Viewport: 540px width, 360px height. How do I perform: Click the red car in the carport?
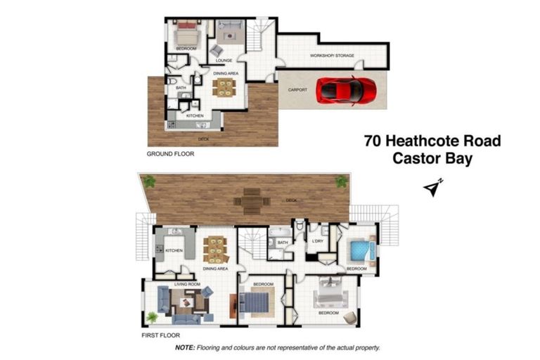tap(346, 89)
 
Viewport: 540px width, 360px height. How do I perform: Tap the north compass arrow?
tap(434, 188)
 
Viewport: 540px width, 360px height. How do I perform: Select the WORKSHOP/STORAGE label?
tap(332, 56)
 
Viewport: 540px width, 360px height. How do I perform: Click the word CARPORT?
tap(298, 90)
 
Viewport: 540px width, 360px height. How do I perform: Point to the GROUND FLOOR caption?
tap(169, 153)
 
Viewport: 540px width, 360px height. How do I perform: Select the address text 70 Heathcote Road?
tap(432, 141)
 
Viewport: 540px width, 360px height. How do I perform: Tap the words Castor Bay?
tap(432, 159)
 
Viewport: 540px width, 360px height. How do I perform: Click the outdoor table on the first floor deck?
tap(251, 200)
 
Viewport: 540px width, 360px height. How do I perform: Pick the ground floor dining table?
tap(224, 86)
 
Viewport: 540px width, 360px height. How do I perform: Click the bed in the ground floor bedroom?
tap(187, 34)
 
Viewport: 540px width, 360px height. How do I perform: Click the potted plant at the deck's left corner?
tap(149, 181)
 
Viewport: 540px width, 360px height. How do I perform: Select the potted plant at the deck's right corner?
tap(342, 181)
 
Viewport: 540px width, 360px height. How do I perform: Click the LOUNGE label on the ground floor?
tap(224, 60)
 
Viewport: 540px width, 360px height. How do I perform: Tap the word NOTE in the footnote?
tap(184, 348)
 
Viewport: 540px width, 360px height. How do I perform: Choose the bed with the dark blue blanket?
tap(255, 303)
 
